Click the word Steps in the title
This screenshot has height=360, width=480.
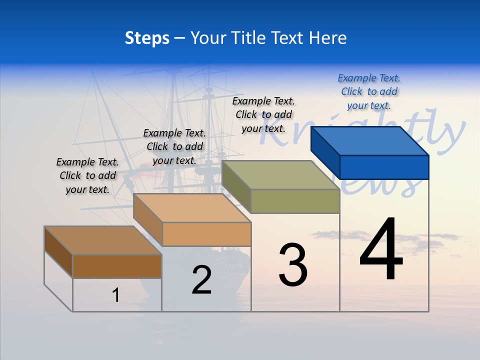point(147,38)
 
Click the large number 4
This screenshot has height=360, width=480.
point(381,250)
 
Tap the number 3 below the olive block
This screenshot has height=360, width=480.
point(293,265)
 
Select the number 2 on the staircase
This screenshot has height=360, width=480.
point(201,280)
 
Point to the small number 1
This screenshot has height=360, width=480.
point(116,295)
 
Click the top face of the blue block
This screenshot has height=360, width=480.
point(370,140)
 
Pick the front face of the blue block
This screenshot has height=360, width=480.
point(384,167)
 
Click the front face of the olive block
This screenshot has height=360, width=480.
point(295,201)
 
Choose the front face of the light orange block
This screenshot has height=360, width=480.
point(206,234)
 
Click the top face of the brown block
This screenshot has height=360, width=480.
point(103,240)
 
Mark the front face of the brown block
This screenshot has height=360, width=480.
point(117,266)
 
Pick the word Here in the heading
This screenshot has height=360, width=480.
point(328,38)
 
